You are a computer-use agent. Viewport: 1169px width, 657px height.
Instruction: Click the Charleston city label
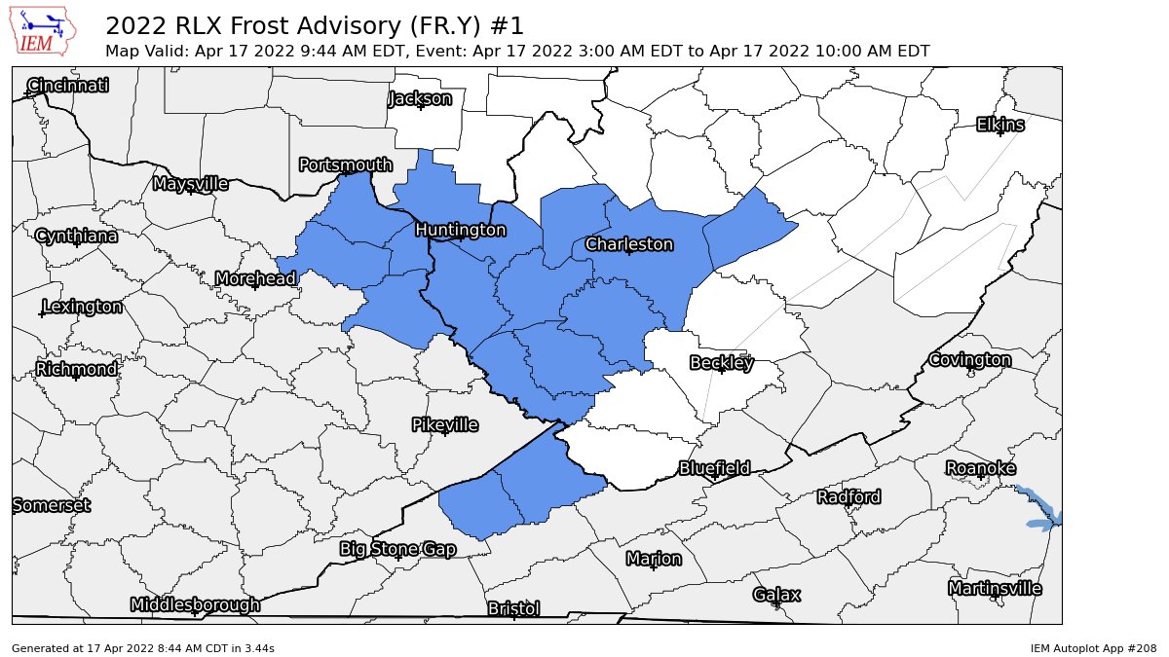pos(629,243)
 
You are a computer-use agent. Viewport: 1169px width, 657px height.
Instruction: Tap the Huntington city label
pos(460,230)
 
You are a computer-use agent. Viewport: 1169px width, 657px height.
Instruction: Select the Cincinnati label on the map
pos(68,86)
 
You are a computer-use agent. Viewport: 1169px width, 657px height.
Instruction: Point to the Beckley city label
pos(721,363)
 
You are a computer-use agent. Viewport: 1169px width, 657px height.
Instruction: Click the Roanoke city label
pos(981,469)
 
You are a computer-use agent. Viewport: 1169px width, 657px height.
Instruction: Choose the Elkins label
pos(1000,125)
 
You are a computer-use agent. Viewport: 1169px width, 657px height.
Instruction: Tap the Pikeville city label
pos(445,425)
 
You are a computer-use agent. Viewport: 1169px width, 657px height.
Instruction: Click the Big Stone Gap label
pos(397,549)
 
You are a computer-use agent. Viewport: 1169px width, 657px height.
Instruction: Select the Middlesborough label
pos(195,605)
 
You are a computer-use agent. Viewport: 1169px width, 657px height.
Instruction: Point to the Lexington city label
pos(82,308)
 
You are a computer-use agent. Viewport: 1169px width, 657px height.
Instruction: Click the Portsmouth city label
pos(345,165)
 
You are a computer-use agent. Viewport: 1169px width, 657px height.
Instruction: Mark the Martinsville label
pos(995,589)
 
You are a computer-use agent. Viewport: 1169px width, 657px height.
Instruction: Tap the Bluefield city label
pos(714,468)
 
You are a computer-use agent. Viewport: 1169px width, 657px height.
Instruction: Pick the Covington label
pos(969,360)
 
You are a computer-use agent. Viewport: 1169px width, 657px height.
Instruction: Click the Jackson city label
pos(420,98)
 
